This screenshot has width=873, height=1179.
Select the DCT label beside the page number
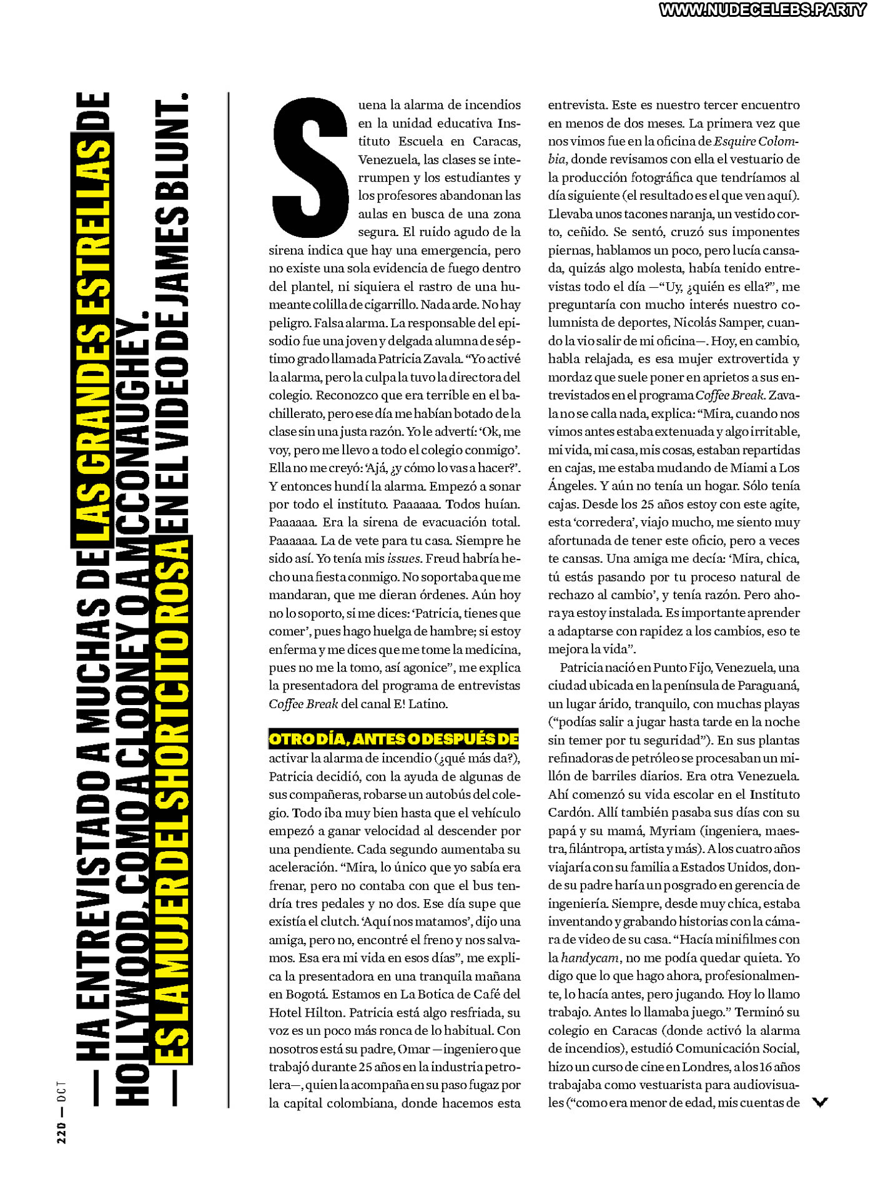(x=61, y=1091)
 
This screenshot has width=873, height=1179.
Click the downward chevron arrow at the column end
(x=820, y=1102)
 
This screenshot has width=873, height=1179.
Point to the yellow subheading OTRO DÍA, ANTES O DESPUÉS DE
(x=393, y=739)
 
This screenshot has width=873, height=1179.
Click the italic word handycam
(x=589, y=958)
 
